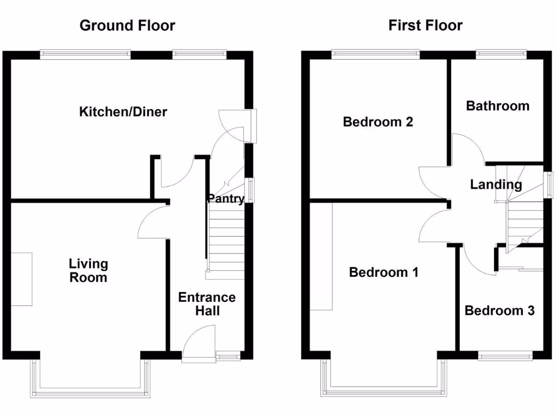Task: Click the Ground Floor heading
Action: click(127, 26)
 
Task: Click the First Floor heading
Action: click(425, 26)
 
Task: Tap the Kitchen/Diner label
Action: click(123, 112)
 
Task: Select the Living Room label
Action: click(88, 271)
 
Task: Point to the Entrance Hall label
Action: click(207, 304)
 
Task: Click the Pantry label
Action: click(225, 199)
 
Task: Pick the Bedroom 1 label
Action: click(383, 272)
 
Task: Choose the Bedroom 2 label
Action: click(378, 122)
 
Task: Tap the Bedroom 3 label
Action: click(500, 311)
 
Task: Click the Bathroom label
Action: click(497, 106)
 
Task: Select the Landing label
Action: click(496, 185)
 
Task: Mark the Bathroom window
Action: click(501, 53)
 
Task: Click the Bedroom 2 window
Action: click(376, 53)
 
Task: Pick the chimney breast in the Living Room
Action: click(22, 279)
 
